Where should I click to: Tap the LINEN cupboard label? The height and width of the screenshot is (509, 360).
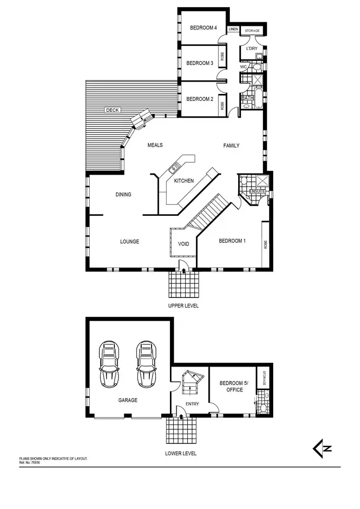233,29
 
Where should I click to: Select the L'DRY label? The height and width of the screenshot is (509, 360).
252,49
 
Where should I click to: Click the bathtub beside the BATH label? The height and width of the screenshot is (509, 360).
258,98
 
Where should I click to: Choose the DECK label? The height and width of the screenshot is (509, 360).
112,110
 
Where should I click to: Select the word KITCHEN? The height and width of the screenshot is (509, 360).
184,181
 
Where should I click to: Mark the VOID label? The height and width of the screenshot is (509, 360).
183,244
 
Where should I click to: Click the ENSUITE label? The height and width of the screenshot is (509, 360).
257,191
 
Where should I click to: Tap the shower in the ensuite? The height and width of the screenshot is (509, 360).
262,180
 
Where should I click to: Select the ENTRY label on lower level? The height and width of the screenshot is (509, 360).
192,404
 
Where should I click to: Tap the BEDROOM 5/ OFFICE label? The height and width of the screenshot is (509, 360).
231,387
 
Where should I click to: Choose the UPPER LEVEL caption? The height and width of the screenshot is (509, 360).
183,306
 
